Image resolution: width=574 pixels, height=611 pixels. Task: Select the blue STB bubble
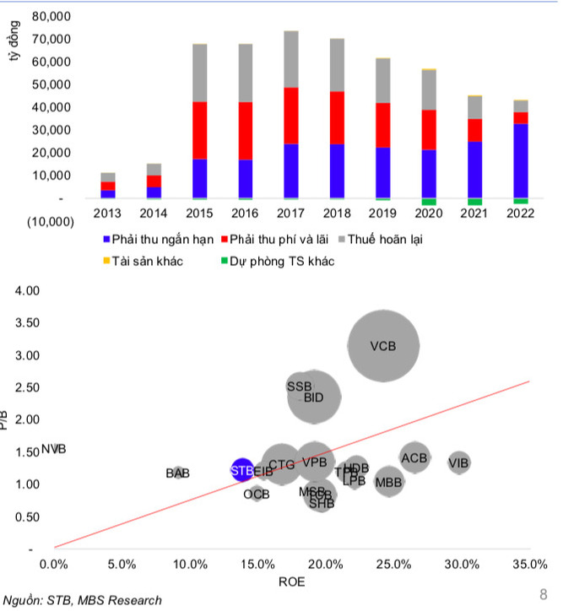(242, 470)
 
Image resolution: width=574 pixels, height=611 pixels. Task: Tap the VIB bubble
(459, 462)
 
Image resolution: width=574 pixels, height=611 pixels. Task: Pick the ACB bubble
(414, 458)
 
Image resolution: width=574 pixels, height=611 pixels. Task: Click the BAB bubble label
(178, 473)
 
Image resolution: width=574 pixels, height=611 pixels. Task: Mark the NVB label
(53, 450)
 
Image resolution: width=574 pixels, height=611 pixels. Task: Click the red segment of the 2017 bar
(291, 116)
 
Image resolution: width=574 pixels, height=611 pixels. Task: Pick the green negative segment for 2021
(474, 203)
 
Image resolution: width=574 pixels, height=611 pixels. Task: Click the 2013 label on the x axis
(108, 214)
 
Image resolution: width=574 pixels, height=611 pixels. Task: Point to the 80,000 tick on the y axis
(49, 17)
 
